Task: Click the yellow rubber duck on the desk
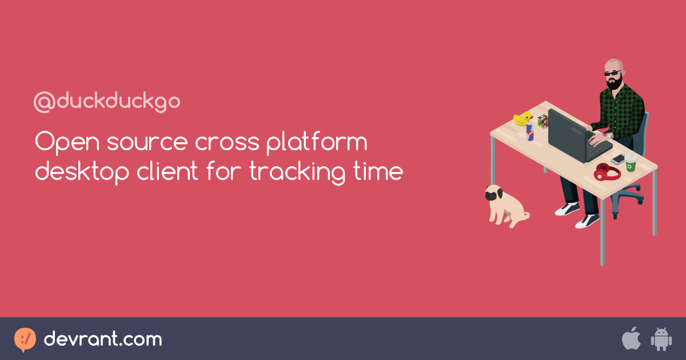523,118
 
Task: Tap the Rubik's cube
543,121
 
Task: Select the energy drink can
530,132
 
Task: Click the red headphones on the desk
606,171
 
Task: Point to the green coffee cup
631,163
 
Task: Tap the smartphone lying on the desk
618,159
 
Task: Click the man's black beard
615,82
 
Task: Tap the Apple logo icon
631,339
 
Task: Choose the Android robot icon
661,339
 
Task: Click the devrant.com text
103,339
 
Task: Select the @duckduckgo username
107,102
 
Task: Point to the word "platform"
317,143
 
